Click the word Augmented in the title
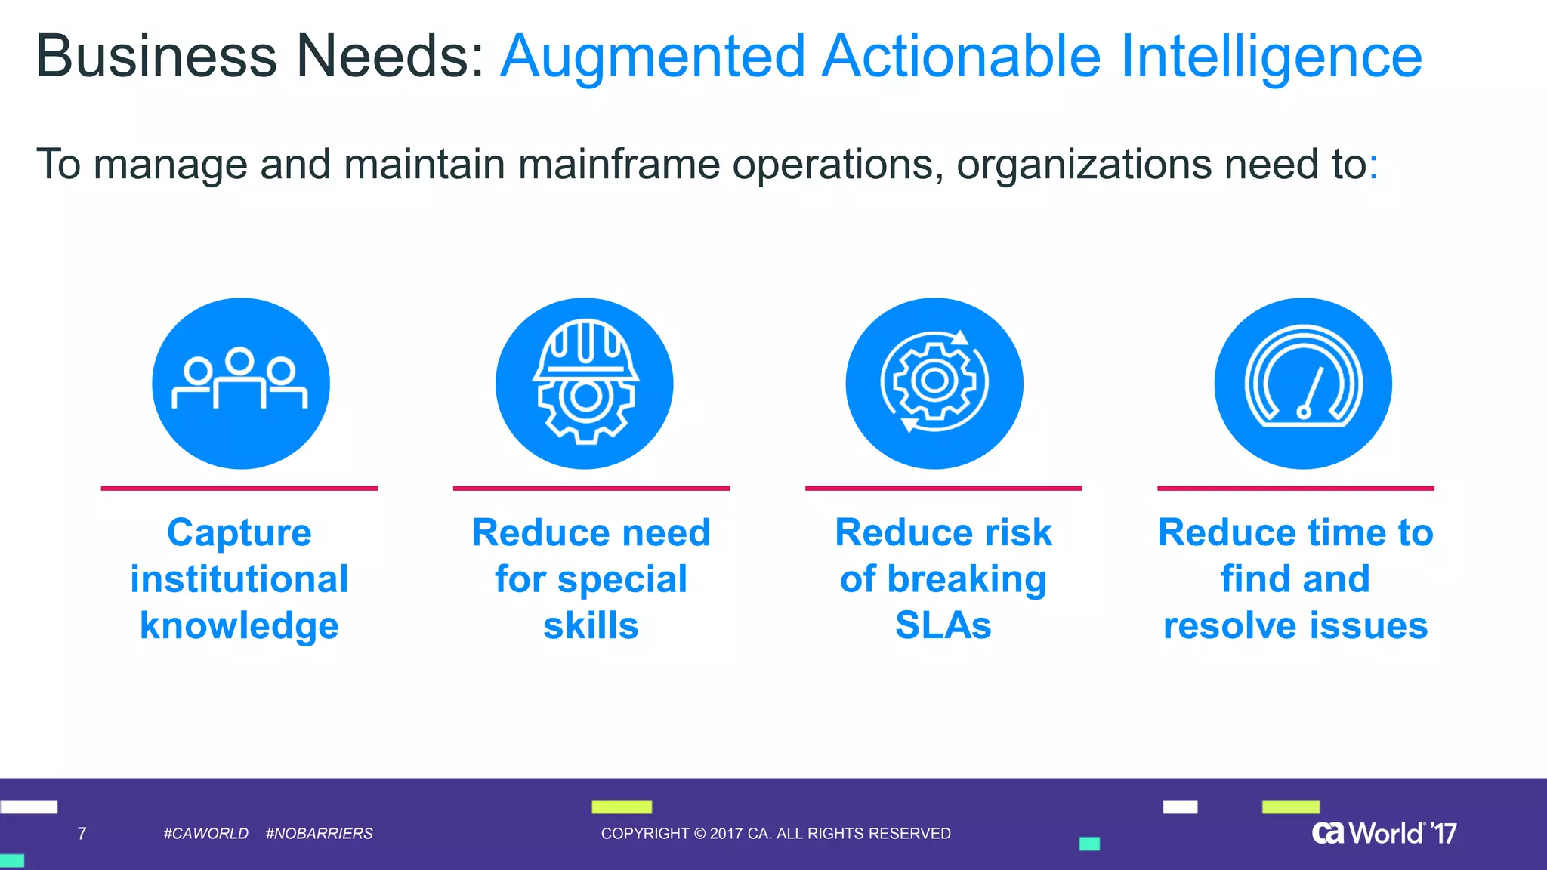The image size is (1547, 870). click(x=653, y=57)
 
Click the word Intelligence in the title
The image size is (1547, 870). click(x=1271, y=57)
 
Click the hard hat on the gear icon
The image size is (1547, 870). click(x=585, y=348)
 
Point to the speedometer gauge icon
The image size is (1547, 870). click(x=1303, y=377)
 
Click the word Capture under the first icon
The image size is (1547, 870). click(x=239, y=533)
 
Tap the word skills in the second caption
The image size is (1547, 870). click(x=591, y=626)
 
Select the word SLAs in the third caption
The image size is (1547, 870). click(x=943, y=626)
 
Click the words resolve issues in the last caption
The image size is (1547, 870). click(x=1295, y=626)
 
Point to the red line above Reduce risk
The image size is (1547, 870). click(x=943, y=488)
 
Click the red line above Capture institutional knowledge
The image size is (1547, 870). click(x=239, y=488)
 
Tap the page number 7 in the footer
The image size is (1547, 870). click(x=82, y=834)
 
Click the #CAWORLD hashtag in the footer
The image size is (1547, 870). click(x=205, y=834)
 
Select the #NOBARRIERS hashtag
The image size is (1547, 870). click(x=319, y=834)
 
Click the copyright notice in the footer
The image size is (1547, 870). click(x=776, y=834)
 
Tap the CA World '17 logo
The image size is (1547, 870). click(x=1384, y=833)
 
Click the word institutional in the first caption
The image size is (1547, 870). click(x=239, y=580)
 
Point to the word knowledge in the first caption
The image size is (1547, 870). click(x=239, y=626)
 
